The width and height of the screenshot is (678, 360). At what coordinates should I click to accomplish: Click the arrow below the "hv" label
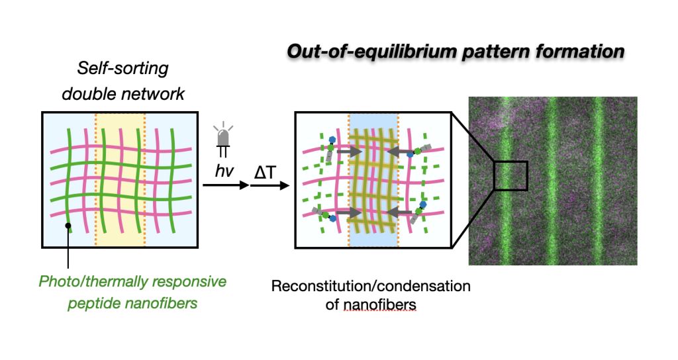pos(224,186)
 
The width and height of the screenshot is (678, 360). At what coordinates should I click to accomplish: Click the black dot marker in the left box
pos(68,226)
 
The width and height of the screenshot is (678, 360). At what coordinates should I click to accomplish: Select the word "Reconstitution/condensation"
pos(370,287)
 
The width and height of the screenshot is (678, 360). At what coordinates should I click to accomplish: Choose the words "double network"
pos(123,93)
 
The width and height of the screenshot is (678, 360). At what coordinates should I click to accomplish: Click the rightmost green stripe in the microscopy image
pos(599,179)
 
